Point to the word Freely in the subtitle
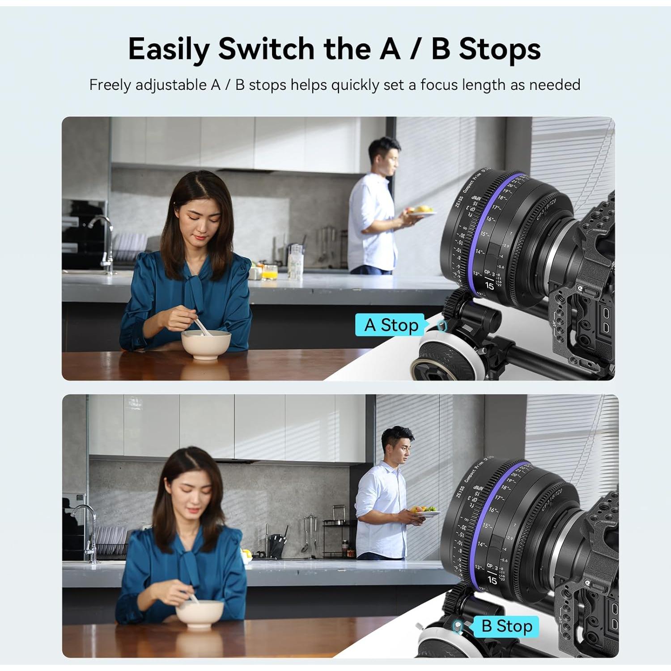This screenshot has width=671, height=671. (x=110, y=85)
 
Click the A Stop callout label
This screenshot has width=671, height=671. (x=390, y=325)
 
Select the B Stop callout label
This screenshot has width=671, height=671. (x=506, y=626)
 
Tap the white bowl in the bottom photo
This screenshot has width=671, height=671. (x=200, y=613)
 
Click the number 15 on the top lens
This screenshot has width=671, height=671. (x=489, y=285)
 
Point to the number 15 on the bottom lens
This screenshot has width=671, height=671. (x=492, y=580)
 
